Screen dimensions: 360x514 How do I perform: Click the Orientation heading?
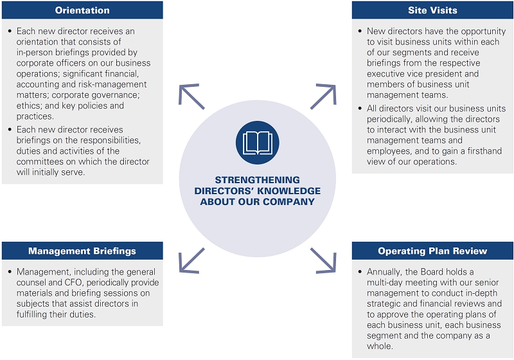(x=82, y=10)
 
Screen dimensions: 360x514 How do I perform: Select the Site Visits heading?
(x=432, y=10)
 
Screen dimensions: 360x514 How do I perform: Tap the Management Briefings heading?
(x=82, y=251)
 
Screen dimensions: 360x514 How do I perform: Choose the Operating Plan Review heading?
(x=432, y=251)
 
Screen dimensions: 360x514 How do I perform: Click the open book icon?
(x=257, y=142)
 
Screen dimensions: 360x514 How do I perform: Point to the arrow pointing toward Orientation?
(x=191, y=96)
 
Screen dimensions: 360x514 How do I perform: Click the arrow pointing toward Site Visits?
(x=323, y=96)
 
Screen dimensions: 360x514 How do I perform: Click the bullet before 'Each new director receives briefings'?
(x=9, y=129)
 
